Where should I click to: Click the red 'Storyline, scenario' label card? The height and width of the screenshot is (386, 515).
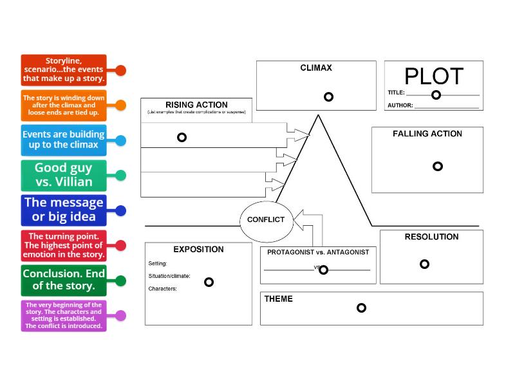[x=63, y=70]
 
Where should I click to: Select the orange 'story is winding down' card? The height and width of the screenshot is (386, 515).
[x=63, y=106]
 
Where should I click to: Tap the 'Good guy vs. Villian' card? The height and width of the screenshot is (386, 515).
[x=63, y=175]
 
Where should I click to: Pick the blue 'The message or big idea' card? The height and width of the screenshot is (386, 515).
[x=63, y=210]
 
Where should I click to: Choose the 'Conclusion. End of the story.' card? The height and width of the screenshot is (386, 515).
[x=63, y=280]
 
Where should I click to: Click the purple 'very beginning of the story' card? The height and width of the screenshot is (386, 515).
[x=63, y=315]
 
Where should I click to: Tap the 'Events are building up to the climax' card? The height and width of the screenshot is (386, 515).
[x=63, y=140]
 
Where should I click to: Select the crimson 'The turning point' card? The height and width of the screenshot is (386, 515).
[x=63, y=245]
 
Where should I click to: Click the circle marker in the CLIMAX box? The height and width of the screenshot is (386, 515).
[x=328, y=97]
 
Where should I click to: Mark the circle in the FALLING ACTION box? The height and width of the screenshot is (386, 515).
[x=438, y=166]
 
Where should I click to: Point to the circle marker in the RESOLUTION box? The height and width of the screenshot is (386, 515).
[x=424, y=264]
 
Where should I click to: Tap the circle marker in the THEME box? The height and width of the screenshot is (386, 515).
[x=361, y=308]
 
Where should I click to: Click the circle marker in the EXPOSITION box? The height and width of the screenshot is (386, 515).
[x=209, y=282]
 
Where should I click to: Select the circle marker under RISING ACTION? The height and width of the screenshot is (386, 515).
[x=182, y=137]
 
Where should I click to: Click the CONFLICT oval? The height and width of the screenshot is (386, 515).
[x=266, y=220]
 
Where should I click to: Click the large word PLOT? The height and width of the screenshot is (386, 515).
[x=433, y=77]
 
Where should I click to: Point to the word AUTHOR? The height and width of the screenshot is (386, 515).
[x=400, y=106]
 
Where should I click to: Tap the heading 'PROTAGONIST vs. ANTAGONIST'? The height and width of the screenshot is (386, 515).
[x=318, y=252]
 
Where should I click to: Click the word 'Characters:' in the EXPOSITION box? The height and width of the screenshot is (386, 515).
[x=162, y=289]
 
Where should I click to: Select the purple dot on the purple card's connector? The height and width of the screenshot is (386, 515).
[x=120, y=315]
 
